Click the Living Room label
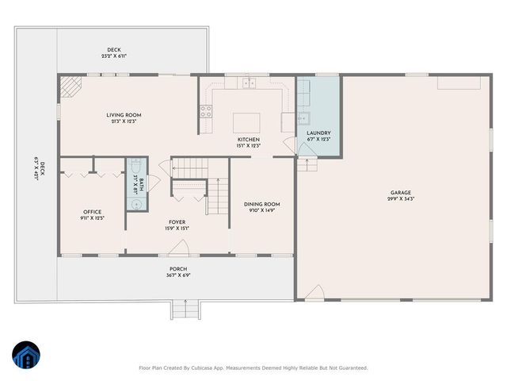pos(124,115)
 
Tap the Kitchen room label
pos(249,140)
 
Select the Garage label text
pos(400,192)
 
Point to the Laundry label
pos(318,133)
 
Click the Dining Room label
pos(261,204)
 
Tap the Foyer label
pos(177,222)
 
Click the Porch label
pos(177,268)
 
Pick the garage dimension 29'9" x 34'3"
pos(402,198)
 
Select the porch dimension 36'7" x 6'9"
pos(177,275)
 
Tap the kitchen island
pos(242,122)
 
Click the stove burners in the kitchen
pos(206,110)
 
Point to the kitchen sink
pos(249,82)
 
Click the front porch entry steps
pos(185,310)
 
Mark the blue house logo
pos(25,356)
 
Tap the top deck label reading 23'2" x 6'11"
pos(115,56)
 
